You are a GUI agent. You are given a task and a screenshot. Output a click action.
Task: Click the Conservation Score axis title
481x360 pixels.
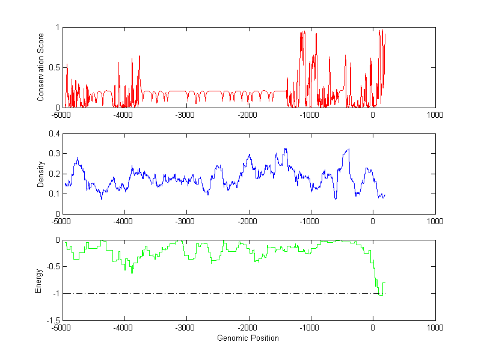point(41,67)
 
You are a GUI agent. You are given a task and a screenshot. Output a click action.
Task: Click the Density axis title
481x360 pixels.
point(41,174)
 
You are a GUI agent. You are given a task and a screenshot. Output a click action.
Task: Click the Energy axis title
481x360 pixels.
point(38,280)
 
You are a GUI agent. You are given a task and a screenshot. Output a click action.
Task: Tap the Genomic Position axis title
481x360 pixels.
point(248,338)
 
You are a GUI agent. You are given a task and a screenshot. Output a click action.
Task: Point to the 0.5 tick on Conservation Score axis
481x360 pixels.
point(54,67)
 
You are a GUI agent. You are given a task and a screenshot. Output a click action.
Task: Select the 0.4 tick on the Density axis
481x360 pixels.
point(54,134)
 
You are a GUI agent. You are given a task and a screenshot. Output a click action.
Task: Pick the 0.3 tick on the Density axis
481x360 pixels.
point(54,154)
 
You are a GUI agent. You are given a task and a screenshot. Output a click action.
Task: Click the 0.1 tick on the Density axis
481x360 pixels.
point(54,194)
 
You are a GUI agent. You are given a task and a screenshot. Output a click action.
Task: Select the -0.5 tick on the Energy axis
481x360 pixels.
point(52,267)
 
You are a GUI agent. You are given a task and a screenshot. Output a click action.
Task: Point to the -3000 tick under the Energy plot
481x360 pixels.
point(186,328)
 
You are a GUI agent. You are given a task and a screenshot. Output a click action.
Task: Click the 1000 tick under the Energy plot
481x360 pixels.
point(435,328)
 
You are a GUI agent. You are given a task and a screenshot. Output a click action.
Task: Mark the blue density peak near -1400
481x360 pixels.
point(286,148)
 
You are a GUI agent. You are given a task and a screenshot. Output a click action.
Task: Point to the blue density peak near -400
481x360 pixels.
point(348,149)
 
